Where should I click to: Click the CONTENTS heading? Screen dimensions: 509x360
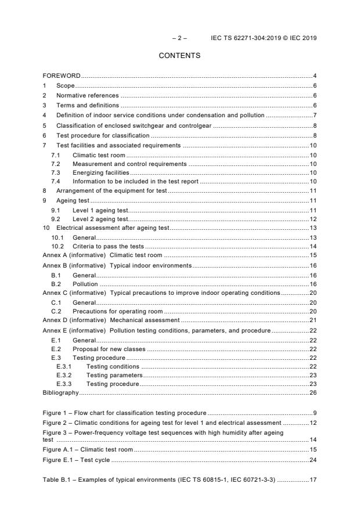click(179, 56)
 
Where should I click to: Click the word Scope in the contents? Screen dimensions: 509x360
click(65, 85)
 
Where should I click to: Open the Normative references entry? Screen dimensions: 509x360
click(87, 95)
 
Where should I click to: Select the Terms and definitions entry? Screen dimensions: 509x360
click(88, 105)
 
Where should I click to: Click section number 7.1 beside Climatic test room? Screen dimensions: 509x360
click(56, 155)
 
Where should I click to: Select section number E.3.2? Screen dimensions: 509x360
click(63, 375)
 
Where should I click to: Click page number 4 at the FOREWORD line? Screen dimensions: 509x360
click(314, 76)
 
